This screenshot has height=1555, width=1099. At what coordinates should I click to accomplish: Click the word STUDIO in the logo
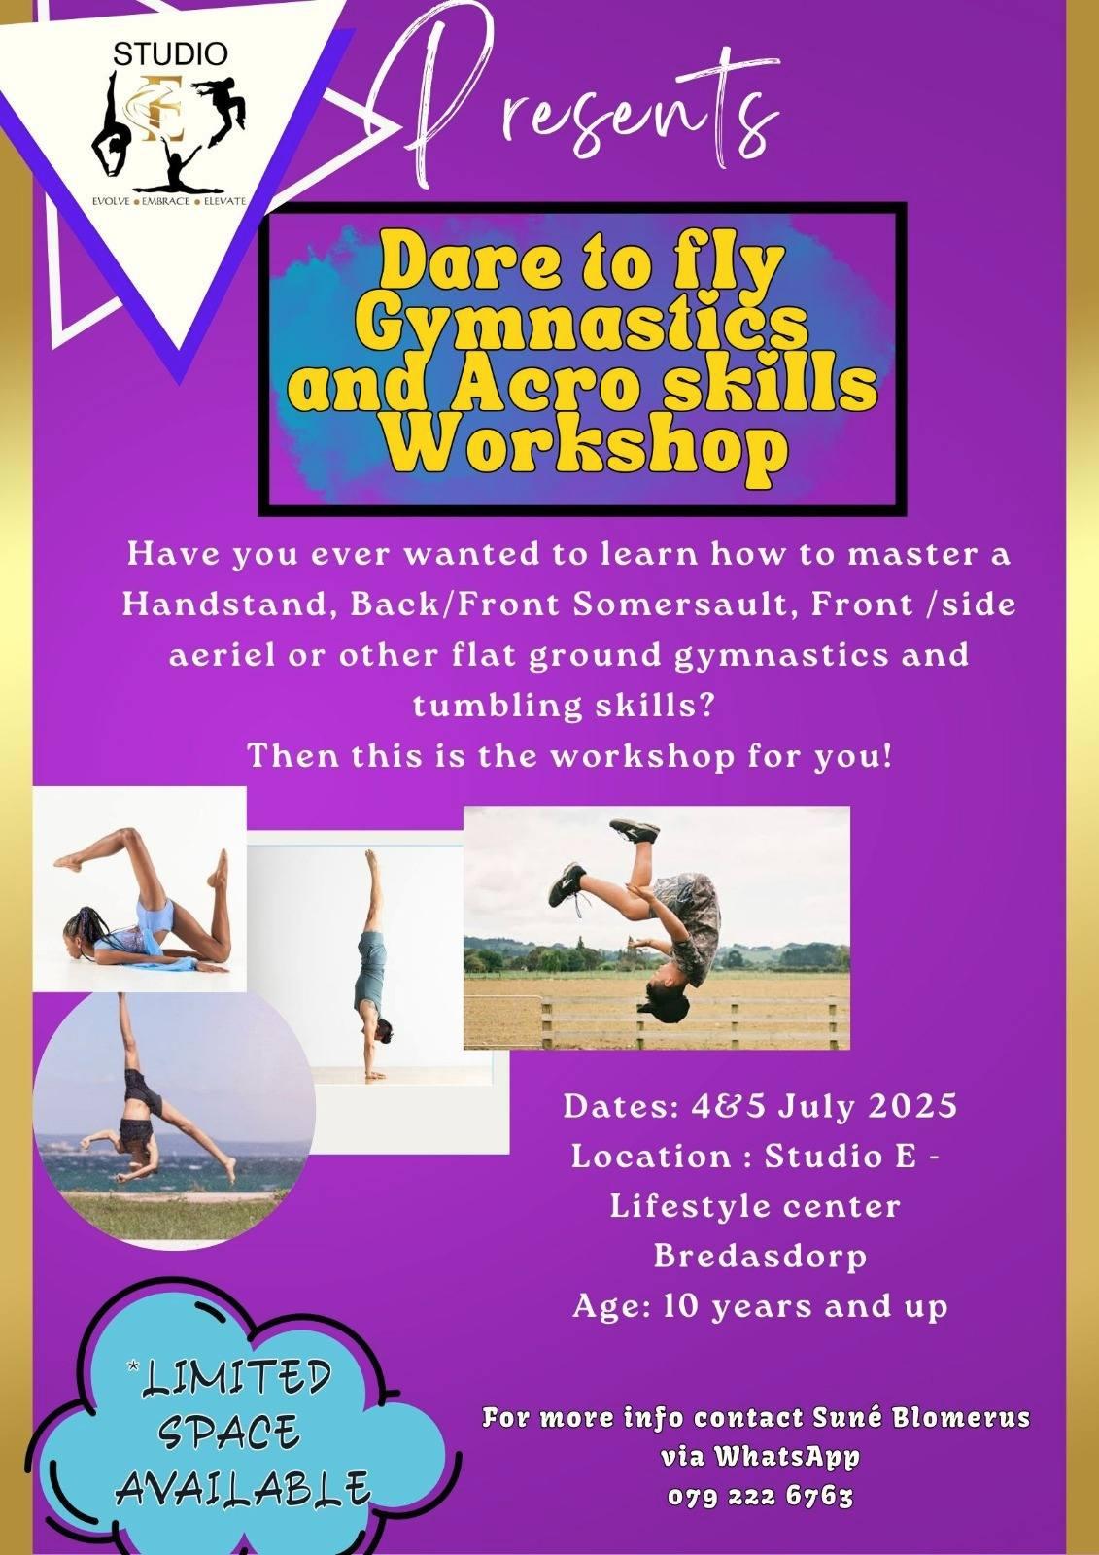[x=170, y=53]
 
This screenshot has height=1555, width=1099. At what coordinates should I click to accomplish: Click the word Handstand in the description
[x=224, y=605]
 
